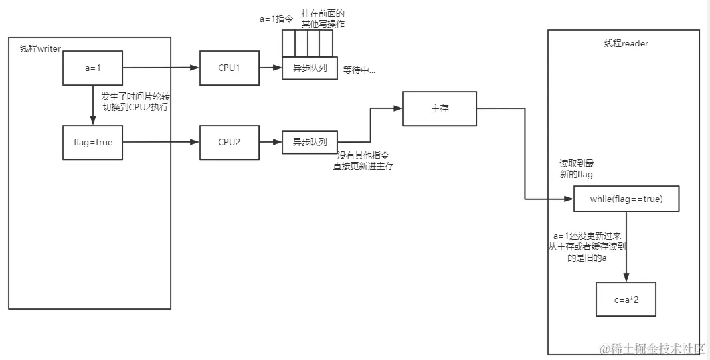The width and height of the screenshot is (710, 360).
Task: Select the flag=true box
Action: (x=93, y=142)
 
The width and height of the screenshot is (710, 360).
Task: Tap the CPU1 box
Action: (x=229, y=68)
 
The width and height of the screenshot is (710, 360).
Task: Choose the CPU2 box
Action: (x=229, y=142)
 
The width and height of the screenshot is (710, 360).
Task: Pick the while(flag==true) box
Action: (x=626, y=199)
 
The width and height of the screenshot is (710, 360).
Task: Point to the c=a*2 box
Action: (x=626, y=300)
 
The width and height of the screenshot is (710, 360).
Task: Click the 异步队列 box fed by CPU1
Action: (x=310, y=68)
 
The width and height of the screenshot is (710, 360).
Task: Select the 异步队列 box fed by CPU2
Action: (x=310, y=142)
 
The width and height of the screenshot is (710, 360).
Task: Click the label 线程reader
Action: (x=626, y=44)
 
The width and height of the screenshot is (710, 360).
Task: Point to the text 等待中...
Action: (x=359, y=70)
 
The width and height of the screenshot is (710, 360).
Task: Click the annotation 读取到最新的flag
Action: (x=576, y=169)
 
